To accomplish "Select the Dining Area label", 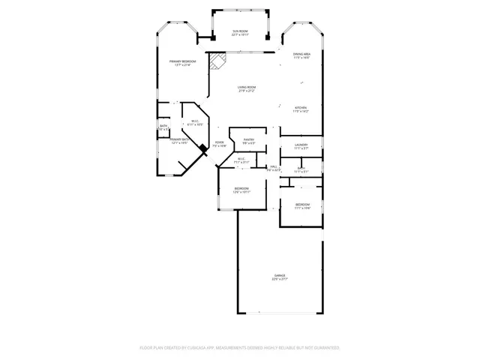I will tap(301, 54).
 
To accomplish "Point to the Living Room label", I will tap(247, 88).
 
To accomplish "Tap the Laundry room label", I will tap(301, 145).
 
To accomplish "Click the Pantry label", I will tap(249, 139).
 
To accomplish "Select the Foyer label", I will tap(219, 142).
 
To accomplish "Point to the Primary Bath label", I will tap(179, 139).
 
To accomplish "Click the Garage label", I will tap(279, 275).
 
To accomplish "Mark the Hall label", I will tap(274, 166).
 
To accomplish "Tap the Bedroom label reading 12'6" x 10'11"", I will tap(241, 188).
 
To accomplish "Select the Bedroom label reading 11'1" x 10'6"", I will tap(301, 204).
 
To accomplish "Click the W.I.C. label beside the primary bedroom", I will tap(194, 121).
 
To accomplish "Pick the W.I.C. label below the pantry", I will tap(241, 158).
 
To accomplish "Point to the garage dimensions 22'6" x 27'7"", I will tap(279, 279).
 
